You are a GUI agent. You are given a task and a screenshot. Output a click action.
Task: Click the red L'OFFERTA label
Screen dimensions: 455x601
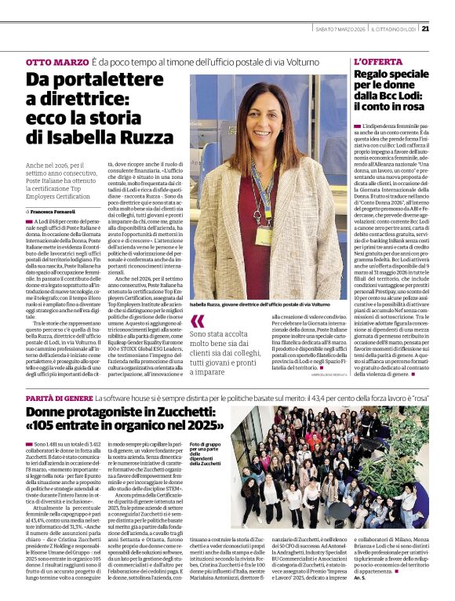(377, 61)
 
